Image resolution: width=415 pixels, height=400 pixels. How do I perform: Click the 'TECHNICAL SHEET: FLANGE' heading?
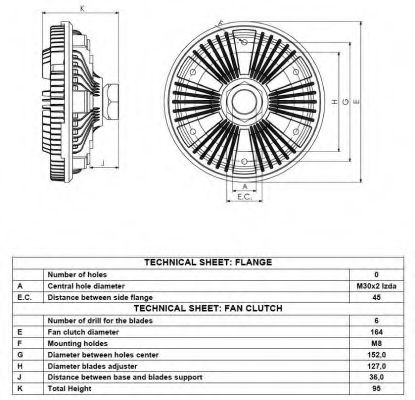208,262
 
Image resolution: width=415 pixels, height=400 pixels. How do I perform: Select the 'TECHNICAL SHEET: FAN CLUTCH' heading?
208,308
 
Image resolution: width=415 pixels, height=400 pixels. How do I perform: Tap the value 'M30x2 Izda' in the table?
376,286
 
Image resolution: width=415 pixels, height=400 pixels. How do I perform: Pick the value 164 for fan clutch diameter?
376,332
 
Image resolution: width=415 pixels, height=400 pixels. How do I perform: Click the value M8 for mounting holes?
376,343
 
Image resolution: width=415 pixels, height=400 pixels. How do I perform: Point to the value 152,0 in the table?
376,355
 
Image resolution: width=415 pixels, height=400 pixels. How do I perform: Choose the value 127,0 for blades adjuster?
376,366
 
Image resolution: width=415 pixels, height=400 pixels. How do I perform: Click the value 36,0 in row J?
376,377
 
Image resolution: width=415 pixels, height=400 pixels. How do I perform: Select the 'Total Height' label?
69,389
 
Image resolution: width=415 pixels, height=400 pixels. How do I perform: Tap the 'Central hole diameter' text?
86,286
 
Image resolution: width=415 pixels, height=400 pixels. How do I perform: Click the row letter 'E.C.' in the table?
24,297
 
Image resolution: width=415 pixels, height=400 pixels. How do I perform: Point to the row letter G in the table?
20,355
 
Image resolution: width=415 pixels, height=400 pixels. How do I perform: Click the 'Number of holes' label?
77,275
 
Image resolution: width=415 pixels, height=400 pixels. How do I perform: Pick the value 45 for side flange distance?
376,297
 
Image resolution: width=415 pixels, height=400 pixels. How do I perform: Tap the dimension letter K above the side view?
83,9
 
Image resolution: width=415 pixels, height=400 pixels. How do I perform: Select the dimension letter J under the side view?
103,163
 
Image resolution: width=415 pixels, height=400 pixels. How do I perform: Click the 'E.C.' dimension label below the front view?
244,197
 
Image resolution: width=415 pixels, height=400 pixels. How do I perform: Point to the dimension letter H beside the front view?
335,102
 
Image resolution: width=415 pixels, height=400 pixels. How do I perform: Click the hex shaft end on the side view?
111,102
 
